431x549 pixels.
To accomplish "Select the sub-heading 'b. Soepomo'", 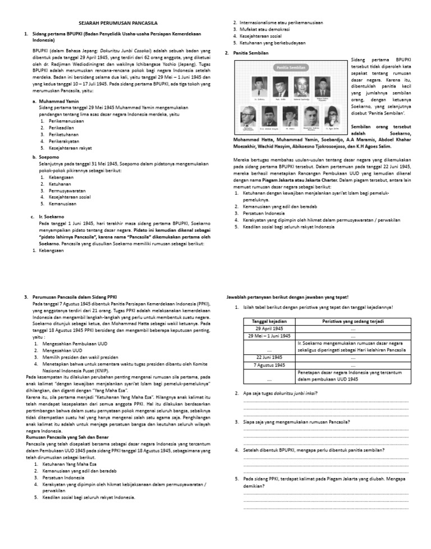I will tap(47, 158).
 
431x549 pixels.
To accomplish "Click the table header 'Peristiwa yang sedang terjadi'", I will tap(353, 321).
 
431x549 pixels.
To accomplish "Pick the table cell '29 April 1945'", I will tap(269, 328).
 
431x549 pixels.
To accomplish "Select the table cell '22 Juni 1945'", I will tap(269, 357).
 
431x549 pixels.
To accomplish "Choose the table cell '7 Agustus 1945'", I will tap(269, 365).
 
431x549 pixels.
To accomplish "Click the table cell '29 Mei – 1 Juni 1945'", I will tap(269, 336).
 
